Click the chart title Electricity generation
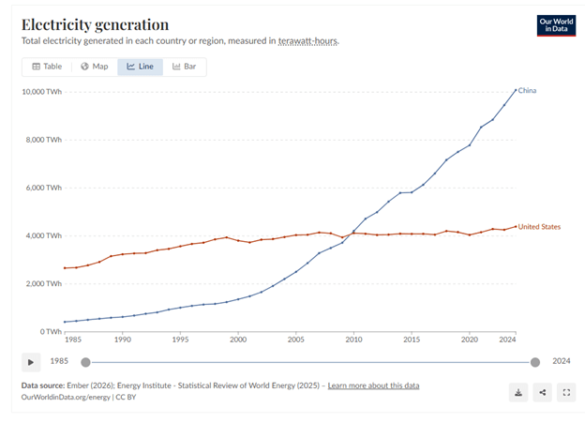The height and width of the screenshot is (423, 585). [x=95, y=24]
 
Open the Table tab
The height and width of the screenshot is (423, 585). [x=47, y=67]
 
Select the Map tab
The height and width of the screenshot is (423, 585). [x=94, y=67]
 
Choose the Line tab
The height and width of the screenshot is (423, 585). [x=140, y=67]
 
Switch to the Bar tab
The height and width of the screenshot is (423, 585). [x=184, y=67]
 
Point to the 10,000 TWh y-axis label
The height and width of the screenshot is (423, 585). [x=41, y=92]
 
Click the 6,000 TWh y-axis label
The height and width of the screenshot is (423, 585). [x=43, y=188]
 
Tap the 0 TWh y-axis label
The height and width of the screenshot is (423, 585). [x=50, y=332]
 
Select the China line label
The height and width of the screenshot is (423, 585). [x=528, y=91]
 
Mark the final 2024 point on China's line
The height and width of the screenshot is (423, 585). [x=515, y=90]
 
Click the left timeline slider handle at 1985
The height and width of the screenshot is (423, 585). [x=85, y=362]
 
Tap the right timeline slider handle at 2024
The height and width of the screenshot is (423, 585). [x=535, y=362]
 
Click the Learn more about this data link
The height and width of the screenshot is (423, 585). [x=373, y=385]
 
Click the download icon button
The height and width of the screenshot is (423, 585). [x=518, y=392]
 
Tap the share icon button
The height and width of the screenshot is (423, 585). [x=542, y=392]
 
